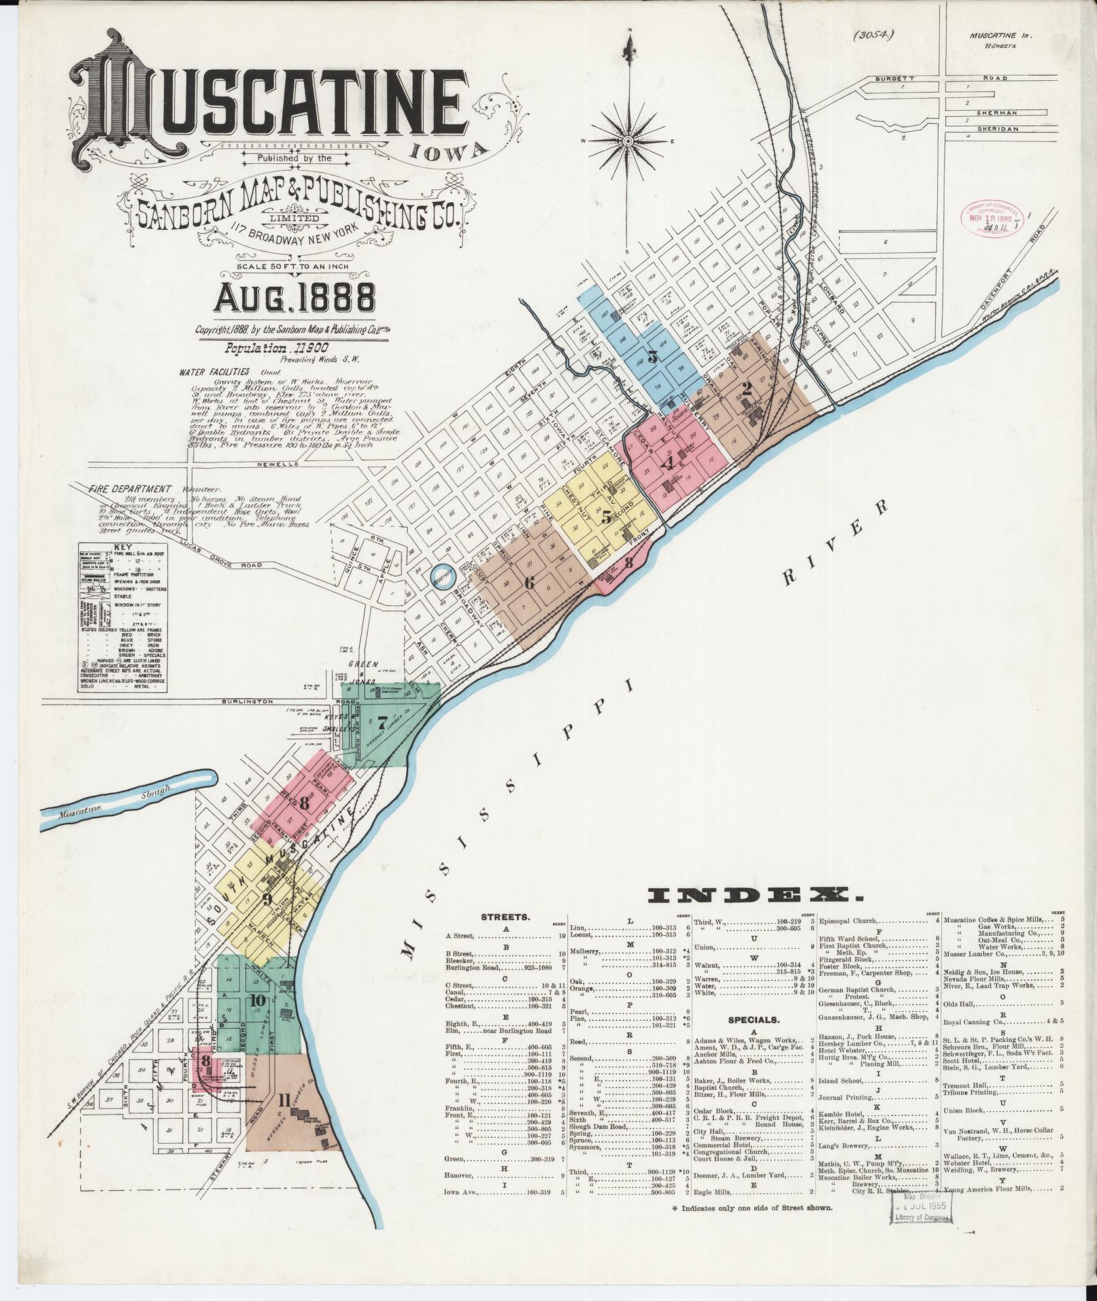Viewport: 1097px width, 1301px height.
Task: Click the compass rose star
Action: click(628, 141)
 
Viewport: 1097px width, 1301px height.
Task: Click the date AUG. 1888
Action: click(296, 297)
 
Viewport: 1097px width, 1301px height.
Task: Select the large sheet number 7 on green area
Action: click(382, 722)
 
